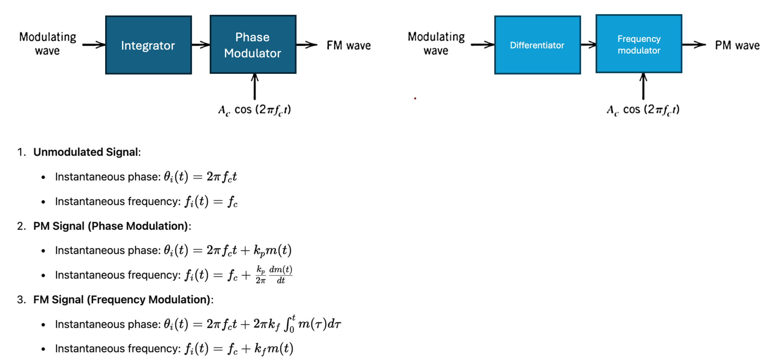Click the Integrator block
click(148, 45)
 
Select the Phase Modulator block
click(253, 45)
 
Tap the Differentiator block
click(537, 45)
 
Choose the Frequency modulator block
click(639, 44)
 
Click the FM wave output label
click(348, 45)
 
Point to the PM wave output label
click(737, 45)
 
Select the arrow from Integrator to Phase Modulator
click(201, 45)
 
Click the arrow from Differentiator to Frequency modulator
click(588, 45)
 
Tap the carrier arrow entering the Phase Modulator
click(255, 86)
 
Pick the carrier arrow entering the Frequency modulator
click(643, 86)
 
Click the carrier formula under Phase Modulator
click(254, 110)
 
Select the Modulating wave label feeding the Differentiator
click(436, 44)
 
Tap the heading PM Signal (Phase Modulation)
click(112, 226)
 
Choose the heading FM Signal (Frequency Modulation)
click(123, 300)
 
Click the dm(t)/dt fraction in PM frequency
click(281, 275)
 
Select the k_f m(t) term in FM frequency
click(274, 348)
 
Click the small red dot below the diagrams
click(415, 98)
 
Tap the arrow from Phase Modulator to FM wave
click(307, 45)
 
